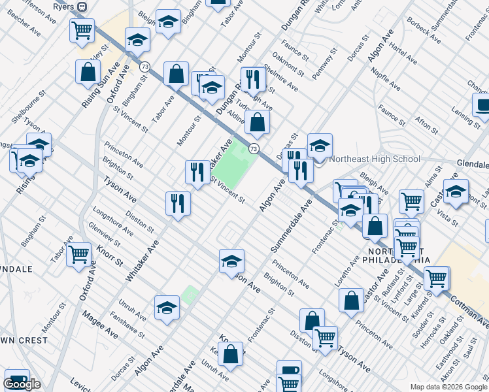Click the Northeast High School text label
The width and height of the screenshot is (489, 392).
[x=375, y=159]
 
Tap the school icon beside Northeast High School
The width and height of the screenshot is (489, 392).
[x=320, y=146]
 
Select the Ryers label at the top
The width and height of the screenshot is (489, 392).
[x=63, y=6]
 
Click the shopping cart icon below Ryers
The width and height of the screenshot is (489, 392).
[x=82, y=30]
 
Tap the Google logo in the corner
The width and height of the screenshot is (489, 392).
[x=22, y=384]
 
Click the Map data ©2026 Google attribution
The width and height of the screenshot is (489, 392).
[x=448, y=387]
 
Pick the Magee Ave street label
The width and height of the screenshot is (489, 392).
[x=100, y=324]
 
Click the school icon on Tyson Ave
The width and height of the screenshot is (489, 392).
[x=231, y=261]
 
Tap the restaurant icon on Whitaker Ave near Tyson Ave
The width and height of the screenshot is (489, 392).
[x=177, y=203]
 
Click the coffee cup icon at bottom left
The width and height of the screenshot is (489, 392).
[x=16, y=380]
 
